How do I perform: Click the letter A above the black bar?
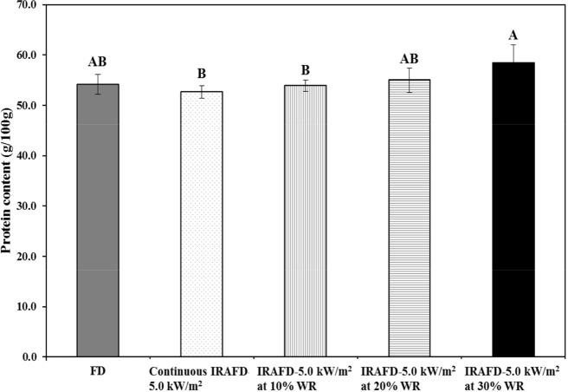[x=513, y=35]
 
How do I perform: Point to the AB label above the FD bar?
[x=97, y=62]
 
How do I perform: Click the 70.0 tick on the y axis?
[x=29, y=5]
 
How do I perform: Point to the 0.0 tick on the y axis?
[x=31, y=356]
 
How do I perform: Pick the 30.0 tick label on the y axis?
[x=29, y=206]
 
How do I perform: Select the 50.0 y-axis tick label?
[x=29, y=106]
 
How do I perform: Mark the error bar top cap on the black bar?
[x=513, y=45]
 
